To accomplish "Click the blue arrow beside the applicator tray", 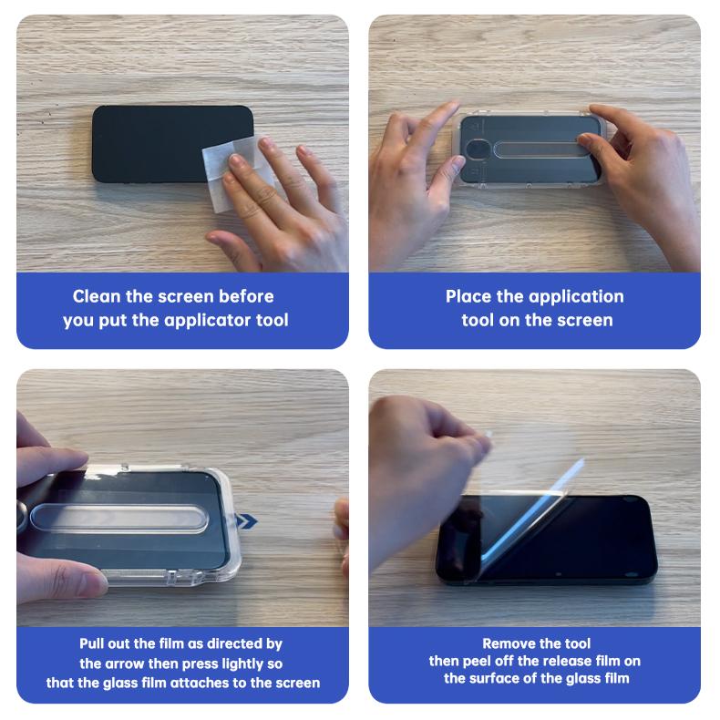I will [246, 521].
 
